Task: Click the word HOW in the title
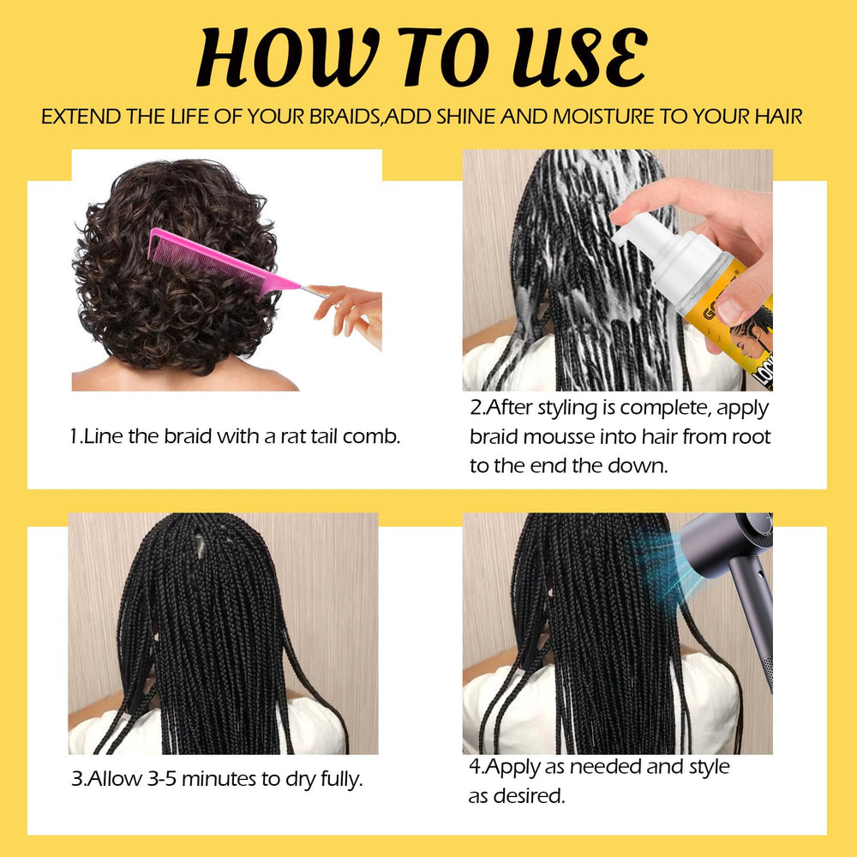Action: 287,57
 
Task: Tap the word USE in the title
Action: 579,57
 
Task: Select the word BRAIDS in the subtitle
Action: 345,117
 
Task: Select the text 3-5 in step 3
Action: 162,778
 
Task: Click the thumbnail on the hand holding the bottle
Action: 730,310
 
